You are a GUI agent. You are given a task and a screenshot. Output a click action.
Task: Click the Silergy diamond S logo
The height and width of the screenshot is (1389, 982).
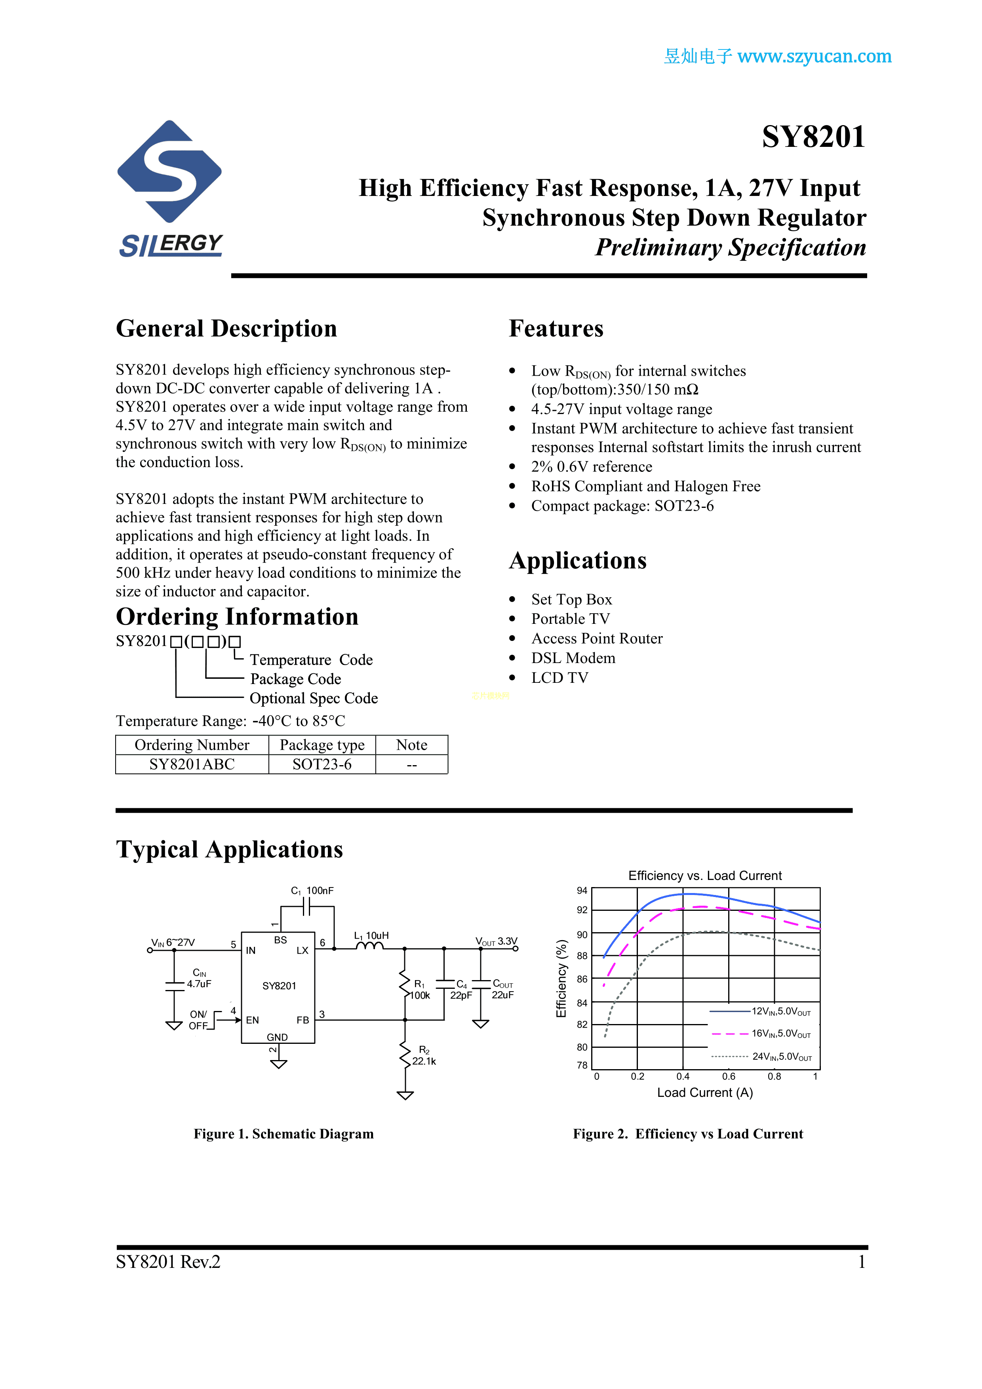(169, 171)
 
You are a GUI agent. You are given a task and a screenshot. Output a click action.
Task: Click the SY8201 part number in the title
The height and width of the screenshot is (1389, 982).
(813, 137)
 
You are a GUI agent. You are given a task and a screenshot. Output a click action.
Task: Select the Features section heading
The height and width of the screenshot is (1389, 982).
(556, 329)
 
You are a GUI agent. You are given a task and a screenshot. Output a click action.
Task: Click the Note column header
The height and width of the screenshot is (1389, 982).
(411, 745)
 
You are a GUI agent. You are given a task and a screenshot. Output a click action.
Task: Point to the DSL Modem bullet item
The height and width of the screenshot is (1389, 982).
(573, 658)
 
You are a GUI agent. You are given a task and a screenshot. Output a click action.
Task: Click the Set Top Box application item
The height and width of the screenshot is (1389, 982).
(571, 600)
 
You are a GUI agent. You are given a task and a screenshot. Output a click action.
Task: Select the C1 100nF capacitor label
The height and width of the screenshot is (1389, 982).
(312, 891)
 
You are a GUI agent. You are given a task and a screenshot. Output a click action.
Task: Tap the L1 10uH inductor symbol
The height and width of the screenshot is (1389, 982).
(370, 946)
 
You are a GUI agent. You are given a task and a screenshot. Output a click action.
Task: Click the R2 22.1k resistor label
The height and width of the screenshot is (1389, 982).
(424, 1056)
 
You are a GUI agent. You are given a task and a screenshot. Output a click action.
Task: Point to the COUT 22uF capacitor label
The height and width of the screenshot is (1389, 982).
(502, 989)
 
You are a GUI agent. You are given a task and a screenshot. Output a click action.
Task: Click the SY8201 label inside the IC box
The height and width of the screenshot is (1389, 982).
(279, 986)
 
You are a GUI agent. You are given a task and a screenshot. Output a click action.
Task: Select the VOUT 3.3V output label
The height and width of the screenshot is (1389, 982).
(496, 941)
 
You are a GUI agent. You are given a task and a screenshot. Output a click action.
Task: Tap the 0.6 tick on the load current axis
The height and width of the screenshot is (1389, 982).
(729, 1076)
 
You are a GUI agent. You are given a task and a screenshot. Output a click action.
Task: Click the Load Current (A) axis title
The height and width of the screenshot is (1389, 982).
(705, 1093)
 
